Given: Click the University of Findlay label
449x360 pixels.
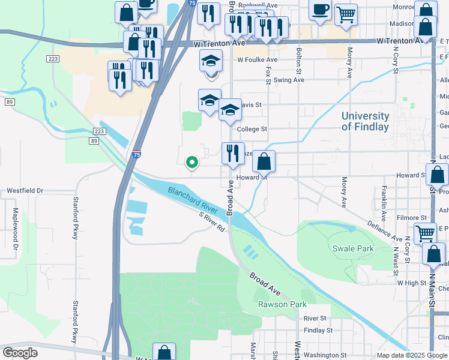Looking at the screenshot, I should click(x=365, y=121).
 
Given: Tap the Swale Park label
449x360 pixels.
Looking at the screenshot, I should click(x=352, y=248).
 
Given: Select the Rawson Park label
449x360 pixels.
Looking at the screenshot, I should click(x=278, y=304).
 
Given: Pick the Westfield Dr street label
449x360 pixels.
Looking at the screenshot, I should click(x=25, y=191).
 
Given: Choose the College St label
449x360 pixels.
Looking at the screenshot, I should click(x=252, y=129).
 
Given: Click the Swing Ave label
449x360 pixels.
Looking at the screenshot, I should click(x=289, y=80).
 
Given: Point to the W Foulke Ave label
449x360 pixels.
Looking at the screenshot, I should click(x=257, y=60).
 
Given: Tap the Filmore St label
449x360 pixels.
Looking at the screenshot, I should click(x=411, y=218).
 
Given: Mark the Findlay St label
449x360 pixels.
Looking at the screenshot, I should click(x=318, y=330).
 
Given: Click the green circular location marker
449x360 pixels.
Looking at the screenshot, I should click(x=192, y=161).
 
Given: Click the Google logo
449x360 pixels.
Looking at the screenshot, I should click(x=20, y=353).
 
